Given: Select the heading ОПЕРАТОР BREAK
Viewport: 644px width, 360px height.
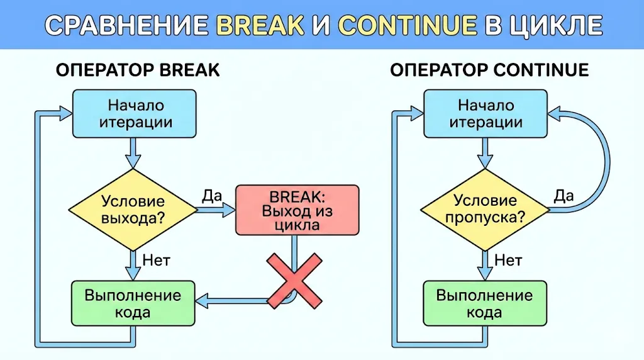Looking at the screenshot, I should (138, 70).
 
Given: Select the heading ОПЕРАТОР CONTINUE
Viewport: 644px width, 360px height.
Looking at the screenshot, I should (489, 70).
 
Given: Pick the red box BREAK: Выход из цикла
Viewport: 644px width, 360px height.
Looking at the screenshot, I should (297, 210).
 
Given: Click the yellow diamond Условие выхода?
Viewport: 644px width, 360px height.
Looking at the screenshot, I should (132, 210).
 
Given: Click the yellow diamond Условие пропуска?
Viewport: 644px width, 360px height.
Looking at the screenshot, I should (484, 210).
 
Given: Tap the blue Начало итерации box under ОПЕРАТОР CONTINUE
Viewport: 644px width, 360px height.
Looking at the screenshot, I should (484, 113).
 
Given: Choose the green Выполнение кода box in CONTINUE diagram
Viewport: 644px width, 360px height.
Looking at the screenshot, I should (484, 303).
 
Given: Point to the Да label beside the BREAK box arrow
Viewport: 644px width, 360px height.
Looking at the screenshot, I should (212, 196).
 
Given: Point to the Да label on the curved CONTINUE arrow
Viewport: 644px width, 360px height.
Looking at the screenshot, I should (563, 196).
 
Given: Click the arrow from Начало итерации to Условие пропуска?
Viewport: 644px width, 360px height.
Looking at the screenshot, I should (484, 153).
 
